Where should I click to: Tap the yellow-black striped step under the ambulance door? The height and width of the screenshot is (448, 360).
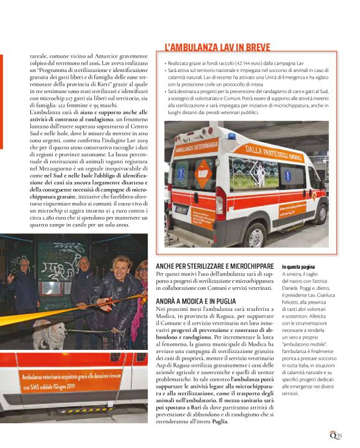click(81, 410)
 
